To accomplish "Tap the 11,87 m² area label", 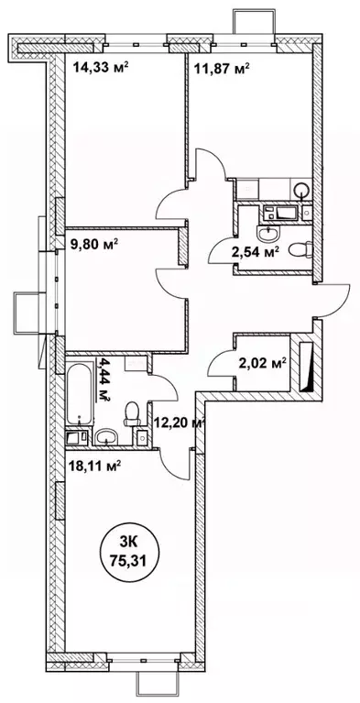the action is coord(222,69).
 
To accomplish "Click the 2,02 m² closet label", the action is coord(264,364).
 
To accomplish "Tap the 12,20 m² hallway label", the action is coord(180,423).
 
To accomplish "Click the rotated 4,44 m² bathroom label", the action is coord(105,379).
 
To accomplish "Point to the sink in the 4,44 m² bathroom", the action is coord(106,435).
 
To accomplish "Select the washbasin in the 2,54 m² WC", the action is coord(268,233).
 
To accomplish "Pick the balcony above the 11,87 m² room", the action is coord(248,21).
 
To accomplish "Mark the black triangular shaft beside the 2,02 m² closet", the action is coord(308,367).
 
